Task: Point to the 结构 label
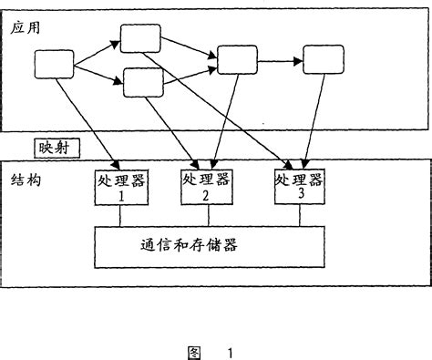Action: tap(26, 181)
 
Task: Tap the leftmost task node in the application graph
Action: tap(54, 64)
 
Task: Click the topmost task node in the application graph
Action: tap(140, 37)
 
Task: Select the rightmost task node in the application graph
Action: tap(323, 60)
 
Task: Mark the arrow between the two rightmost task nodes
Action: tap(280, 61)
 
